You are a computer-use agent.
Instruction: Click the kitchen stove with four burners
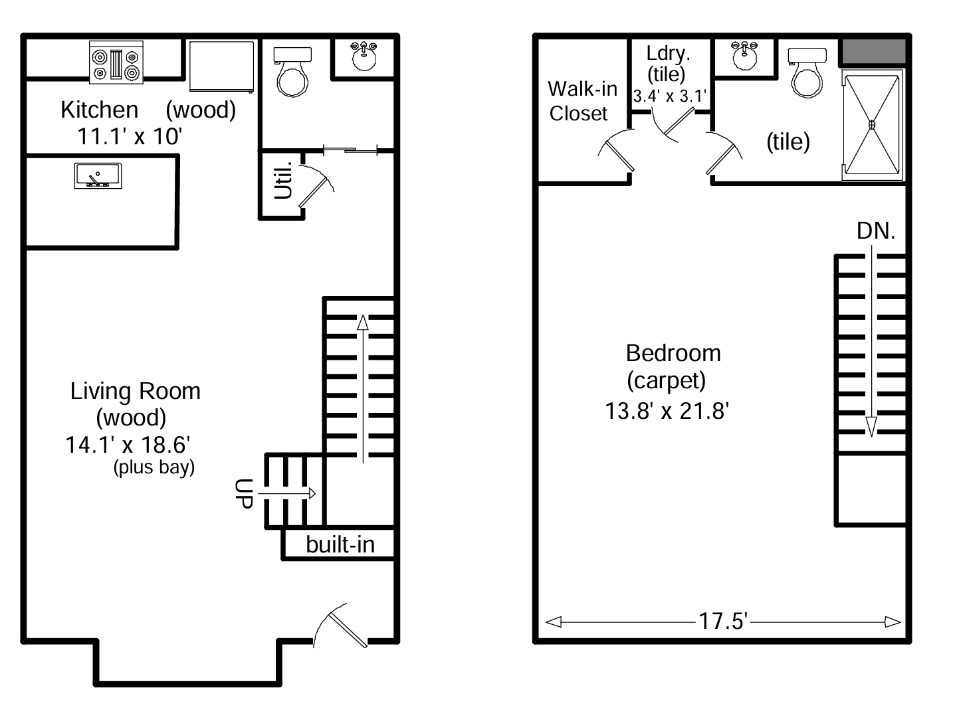[116, 63]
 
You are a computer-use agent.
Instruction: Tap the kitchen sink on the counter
[98, 176]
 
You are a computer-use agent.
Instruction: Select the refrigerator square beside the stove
[222, 66]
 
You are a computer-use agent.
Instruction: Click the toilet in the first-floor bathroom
[292, 73]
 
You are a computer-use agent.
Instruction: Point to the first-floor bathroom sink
[364, 57]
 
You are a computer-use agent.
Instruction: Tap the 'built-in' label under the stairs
[340, 544]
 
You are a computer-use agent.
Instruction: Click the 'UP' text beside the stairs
[245, 493]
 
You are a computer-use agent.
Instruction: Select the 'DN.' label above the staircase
[876, 231]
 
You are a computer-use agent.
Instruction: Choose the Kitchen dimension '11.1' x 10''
[130, 136]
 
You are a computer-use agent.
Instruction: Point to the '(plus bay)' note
[154, 467]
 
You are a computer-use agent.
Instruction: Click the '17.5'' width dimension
[723, 621]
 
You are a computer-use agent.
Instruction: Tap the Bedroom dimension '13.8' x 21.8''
[667, 411]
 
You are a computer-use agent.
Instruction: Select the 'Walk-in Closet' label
[582, 101]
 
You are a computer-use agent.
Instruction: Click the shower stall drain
[872, 124]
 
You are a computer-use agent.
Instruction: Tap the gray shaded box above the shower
[873, 52]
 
